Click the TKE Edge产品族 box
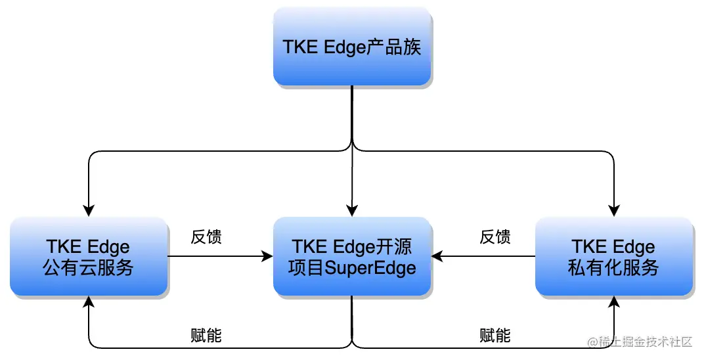tap(352, 47)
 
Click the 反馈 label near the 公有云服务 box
tap(206, 237)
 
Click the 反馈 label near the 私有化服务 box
tap(495, 237)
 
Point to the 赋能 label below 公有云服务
tap(206, 336)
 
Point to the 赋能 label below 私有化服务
tap(495, 336)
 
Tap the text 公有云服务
tap(89, 267)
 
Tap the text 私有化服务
tap(614, 267)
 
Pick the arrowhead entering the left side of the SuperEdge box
tap(268, 256)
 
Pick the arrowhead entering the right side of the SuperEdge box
tap(437, 256)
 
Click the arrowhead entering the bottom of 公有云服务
tap(89, 302)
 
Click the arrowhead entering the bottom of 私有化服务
tap(614, 302)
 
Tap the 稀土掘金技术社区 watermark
tap(640, 342)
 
